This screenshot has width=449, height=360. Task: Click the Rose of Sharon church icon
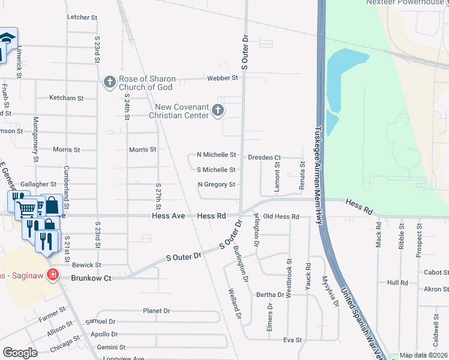[109, 82]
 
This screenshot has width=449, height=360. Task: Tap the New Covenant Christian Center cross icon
[217, 110]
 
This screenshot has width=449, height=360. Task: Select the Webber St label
[218, 78]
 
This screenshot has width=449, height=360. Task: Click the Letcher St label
[83, 18]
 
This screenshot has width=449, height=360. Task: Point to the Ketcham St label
[66, 98]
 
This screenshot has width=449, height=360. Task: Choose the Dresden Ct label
[264, 158]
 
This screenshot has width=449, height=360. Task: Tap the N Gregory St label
[216, 185]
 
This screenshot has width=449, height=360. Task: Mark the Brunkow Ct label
[91, 278]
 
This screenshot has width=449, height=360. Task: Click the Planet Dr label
[157, 311]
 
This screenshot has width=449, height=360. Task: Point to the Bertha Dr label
[270, 295]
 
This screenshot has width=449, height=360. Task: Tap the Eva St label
[292, 340]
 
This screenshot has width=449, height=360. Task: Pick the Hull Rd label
[397, 283]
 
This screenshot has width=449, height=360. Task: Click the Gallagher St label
[38, 184]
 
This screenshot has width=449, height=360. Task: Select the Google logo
[20, 353]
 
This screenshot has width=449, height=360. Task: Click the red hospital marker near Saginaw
[53, 274]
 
